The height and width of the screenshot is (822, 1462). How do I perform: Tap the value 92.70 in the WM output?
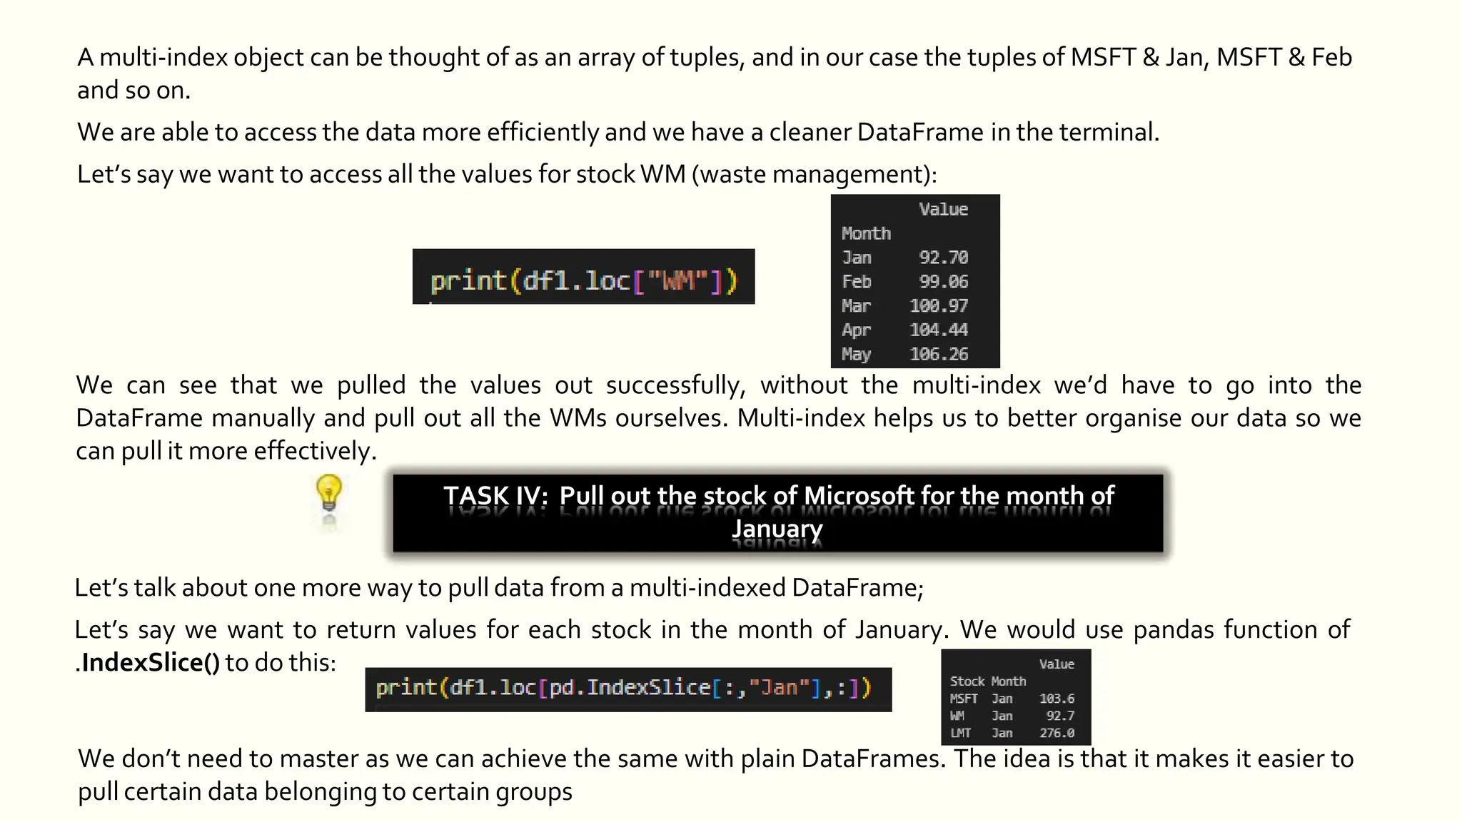[x=943, y=258]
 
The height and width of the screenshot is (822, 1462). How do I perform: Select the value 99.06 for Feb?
[x=943, y=282]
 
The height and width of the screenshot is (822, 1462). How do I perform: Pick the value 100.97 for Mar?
[x=939, y=306]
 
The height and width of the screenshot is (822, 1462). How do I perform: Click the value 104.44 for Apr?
[x=939, y=330]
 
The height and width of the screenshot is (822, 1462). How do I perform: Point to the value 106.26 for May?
[x=939, y=355]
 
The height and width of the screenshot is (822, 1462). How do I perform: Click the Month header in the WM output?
[x=866, y=234]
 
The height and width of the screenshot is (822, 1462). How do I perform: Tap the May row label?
[x=856, y=355]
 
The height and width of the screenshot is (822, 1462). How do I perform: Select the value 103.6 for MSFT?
[x=1057, y=699]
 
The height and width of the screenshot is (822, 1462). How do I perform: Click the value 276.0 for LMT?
[x=1057, y=734]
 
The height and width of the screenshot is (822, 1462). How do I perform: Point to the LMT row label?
[x=960, y=734]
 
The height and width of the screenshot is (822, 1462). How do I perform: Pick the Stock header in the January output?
[x=967, y=682]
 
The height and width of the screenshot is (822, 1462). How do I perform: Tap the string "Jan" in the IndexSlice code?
[x=779, y=688]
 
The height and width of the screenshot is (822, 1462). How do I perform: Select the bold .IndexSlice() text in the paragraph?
[x=150, y=663]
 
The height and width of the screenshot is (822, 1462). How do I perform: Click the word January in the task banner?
[x=777, y=529]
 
